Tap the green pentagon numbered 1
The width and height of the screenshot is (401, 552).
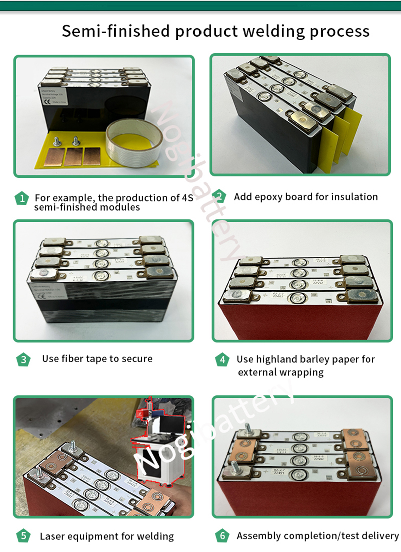[x=21, y=198]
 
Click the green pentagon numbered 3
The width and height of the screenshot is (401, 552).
[x=23, y=359]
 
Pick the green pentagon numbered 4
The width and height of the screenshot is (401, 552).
[x=222, y=360]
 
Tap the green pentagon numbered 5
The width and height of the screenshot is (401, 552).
[x=23, y=536]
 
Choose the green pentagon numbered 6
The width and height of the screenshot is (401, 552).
[x=222, y=536]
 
